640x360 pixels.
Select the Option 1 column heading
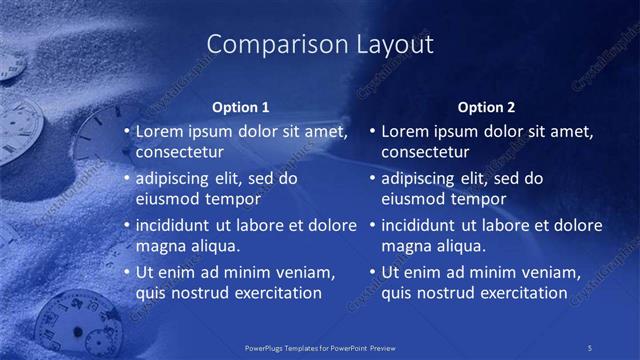241,107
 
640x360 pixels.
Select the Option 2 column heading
487,107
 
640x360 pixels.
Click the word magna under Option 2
406,246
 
